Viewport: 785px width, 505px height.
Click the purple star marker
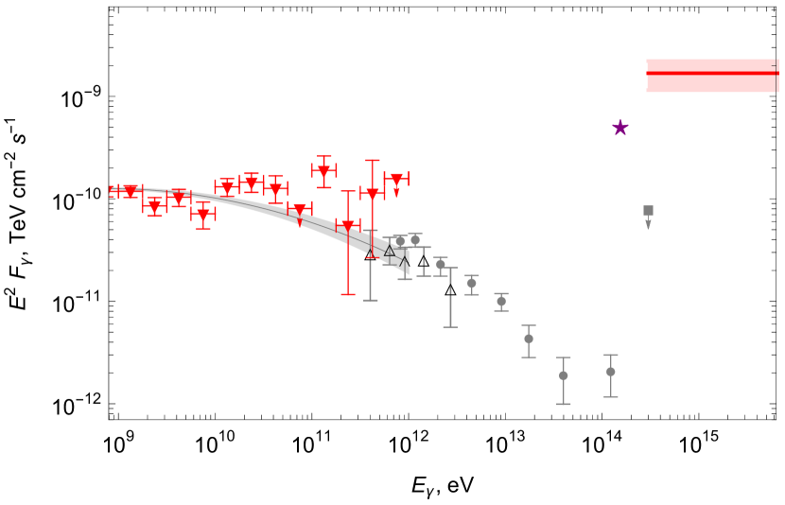click(x=620, y=128)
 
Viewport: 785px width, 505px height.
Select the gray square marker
click(x=648, y=211)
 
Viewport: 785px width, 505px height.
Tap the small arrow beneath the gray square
click(x=648, y=224)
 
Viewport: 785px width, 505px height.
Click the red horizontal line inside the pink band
click(x=711, y=73)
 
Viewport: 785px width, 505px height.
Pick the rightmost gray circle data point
click(x=611, y=372)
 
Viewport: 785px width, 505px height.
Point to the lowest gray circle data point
click(x=564, y=375)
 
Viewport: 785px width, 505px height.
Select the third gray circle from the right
click(x=529, y=339)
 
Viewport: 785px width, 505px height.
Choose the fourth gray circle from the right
click(x=501, y=302)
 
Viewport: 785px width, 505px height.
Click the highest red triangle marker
click(x=323, y=170)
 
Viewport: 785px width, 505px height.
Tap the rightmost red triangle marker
click(x=396, y=179)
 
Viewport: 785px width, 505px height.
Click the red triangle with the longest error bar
click(x=348, y=226)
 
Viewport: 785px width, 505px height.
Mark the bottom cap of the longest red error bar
click(x=348, y=294)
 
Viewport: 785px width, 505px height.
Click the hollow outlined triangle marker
click(x=390, y=251)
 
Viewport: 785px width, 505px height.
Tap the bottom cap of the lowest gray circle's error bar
click(x=564, y=404)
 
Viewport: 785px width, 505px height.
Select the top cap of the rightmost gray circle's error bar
click(x=611, y=356)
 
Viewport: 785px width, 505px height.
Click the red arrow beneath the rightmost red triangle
click(x=396, y=192)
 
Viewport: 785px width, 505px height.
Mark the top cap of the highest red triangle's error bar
click(x=323, y=156)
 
